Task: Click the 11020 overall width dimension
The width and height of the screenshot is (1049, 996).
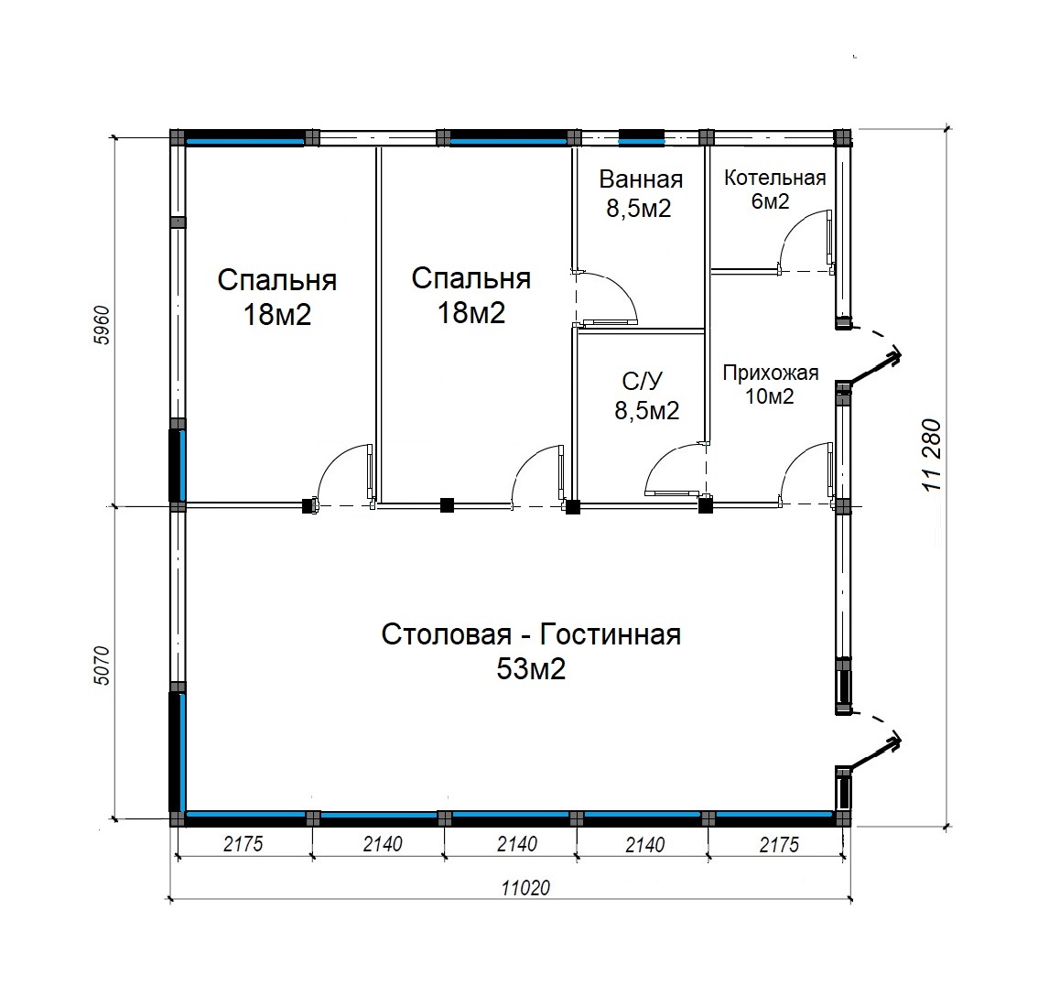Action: (525, 888)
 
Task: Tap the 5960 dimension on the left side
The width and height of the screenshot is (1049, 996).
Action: (102, 325)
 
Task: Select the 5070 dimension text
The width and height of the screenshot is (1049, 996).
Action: (102, 665)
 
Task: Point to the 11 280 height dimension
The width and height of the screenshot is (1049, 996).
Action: (931, 455)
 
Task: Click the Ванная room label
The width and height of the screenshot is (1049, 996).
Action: (641, 179)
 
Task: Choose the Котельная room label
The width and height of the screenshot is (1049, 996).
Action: (774, 178)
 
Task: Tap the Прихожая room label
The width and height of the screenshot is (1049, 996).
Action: (771, 373)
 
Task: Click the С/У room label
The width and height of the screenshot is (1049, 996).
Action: (643, 381)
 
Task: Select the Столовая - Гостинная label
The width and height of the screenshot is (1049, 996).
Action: (531, 634)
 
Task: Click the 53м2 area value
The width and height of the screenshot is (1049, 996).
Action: (531, 668)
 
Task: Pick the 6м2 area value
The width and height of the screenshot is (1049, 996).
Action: (770, 200)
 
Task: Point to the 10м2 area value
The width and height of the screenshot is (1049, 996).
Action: (770, 396)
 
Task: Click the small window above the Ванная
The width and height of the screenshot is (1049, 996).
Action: (642, 137)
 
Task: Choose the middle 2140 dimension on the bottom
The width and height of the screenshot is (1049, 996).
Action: (516, 844)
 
